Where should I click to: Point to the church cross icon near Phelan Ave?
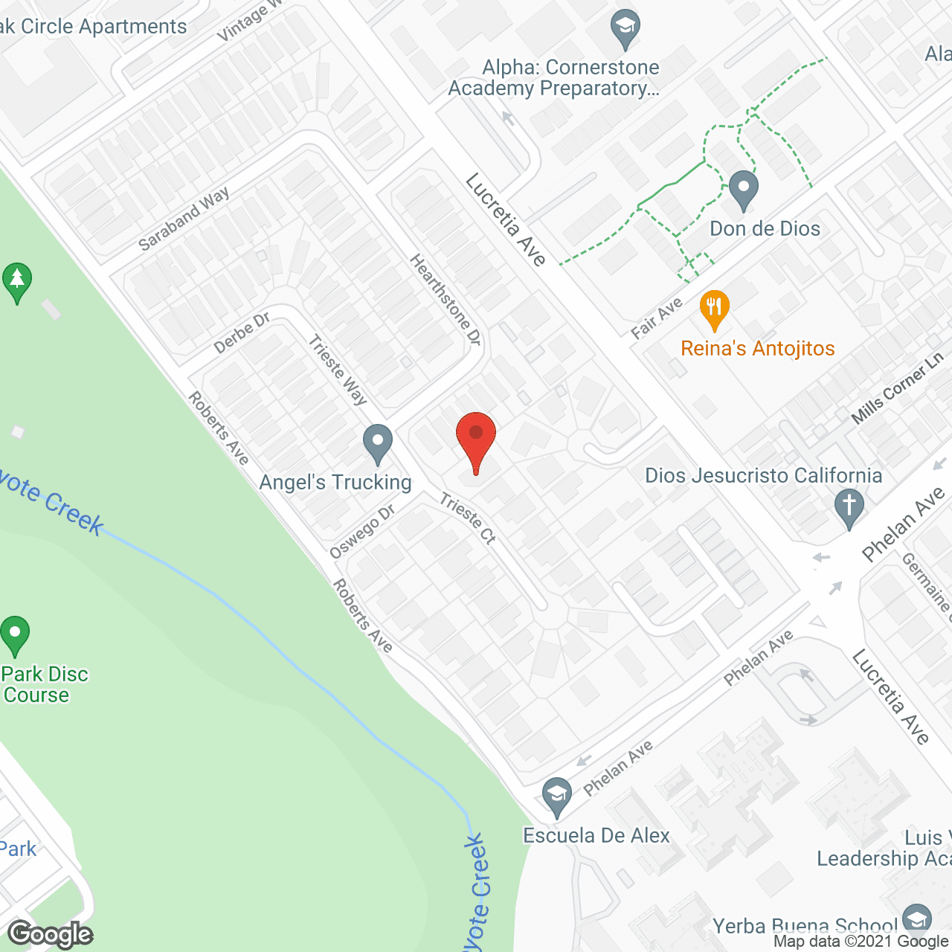click(849, 507)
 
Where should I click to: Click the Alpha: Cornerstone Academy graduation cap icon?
click(625, 30)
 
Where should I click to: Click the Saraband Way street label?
click(184, 219)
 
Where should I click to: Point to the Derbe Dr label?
click(242, 333)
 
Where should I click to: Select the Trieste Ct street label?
click(467, 518)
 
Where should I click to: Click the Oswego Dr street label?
click(362, 532)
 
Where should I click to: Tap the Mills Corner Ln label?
click(898, 389)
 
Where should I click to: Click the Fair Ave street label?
click(657, 318)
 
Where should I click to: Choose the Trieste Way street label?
click(338, 370)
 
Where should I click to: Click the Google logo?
click(51, 934)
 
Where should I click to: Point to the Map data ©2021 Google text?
click(861, 942)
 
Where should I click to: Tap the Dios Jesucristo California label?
click(763, 475)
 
